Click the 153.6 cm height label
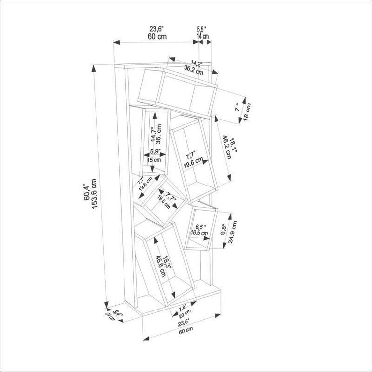(x=94, y=193)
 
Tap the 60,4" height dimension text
(x=86, y=192)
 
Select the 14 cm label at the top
(x=203, y=36)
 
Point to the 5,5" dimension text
(x=201, y=29)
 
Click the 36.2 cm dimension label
(x=194, y=70)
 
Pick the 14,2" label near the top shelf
(x=197, y=63)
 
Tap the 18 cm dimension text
(x=247, y=112)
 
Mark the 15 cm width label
(x=154, y=160)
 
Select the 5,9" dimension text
(x=155, y=151)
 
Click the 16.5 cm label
(x=199, y=233)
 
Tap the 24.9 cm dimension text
(x=233, y=232)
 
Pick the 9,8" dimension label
(x=224, y=230)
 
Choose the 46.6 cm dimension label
(x=161, y=266)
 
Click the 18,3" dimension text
(x=167, y=262)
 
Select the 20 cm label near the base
(x=185, y=314)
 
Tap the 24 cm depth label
(x=110, y=317)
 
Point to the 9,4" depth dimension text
(x=117, y=313)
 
